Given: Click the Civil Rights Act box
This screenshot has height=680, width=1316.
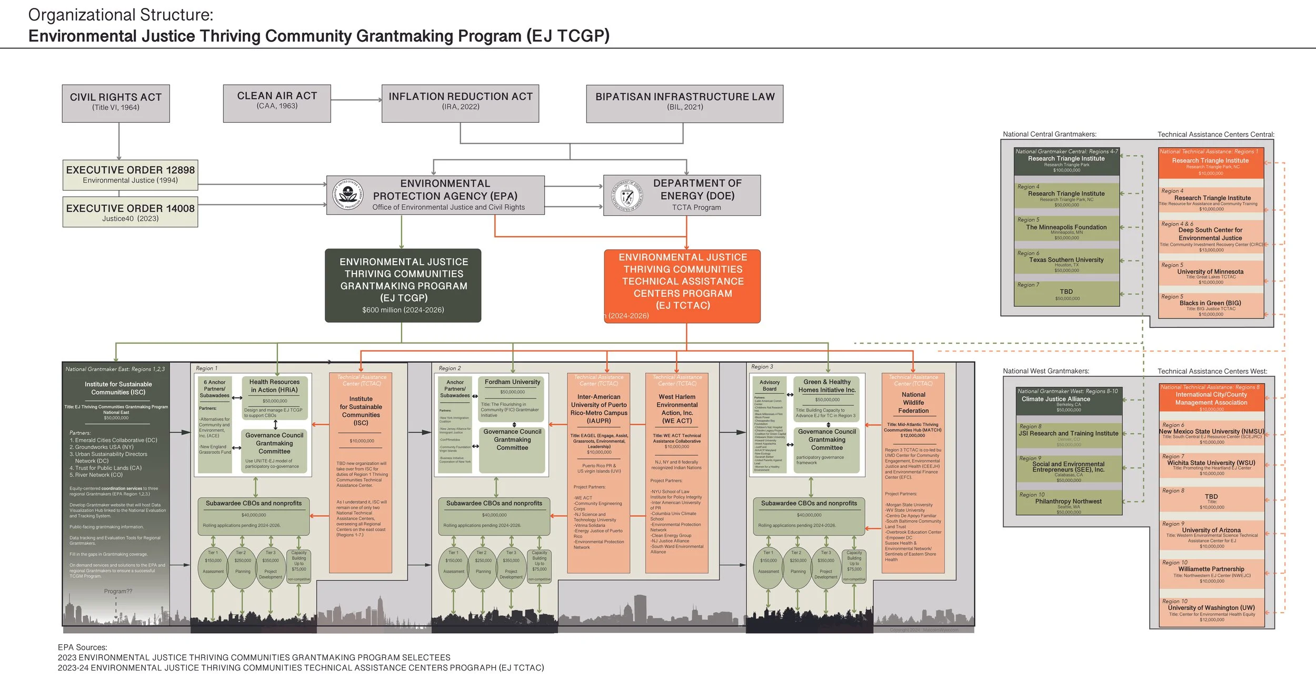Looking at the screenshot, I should point(116,103).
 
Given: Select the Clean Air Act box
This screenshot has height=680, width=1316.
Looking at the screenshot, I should point(277,103).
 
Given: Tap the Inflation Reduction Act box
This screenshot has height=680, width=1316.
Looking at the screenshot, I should point(460,103).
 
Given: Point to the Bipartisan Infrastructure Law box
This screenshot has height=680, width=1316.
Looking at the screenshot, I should point(684,103).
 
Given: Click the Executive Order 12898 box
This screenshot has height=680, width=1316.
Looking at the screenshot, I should point(130,175).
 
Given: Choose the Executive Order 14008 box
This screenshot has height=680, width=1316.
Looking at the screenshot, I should point(130,212).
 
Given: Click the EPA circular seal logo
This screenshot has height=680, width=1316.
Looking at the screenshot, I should point(348,195).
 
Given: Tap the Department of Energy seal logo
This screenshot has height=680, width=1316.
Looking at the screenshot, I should point(626,196).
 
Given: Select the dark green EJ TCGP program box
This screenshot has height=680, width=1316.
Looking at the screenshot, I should point(403,285).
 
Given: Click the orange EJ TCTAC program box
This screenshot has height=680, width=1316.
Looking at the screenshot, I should point(682,286).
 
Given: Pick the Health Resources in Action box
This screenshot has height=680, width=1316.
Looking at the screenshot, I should point(274,397).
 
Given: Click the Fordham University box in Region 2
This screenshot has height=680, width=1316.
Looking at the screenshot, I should point(512,397).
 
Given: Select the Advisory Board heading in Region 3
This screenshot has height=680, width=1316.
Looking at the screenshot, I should point(769,386).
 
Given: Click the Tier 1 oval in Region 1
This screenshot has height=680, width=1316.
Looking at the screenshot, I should point(213,568).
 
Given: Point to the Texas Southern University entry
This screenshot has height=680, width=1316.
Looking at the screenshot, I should point(1066,262).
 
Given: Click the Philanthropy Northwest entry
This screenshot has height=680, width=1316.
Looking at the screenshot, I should point(1068,504).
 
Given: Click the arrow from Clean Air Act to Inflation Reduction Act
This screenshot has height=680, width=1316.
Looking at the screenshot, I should point(356,100).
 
